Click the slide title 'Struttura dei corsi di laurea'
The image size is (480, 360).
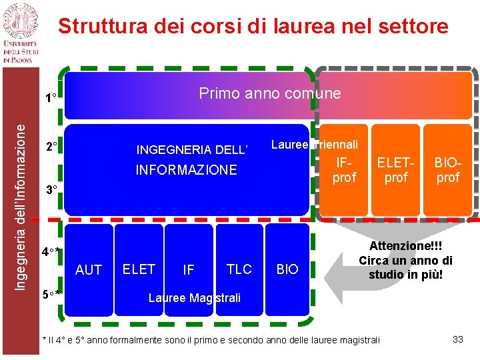(253, 26)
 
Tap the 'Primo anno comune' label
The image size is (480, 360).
(269, 93)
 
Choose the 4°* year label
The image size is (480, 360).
(51, 252)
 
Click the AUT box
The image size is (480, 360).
(89, 270)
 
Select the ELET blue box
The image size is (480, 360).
(139, 269)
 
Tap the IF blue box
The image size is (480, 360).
(189, 270)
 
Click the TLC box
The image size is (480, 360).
(239, 269)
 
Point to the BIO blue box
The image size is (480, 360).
(287, 269)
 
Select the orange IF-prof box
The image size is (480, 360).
(344, 169)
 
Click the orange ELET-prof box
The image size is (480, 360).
(396, 169)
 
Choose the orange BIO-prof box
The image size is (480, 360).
(447, 169)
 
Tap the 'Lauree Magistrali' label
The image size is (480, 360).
(194, 297)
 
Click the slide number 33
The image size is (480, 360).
(457, 339)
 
